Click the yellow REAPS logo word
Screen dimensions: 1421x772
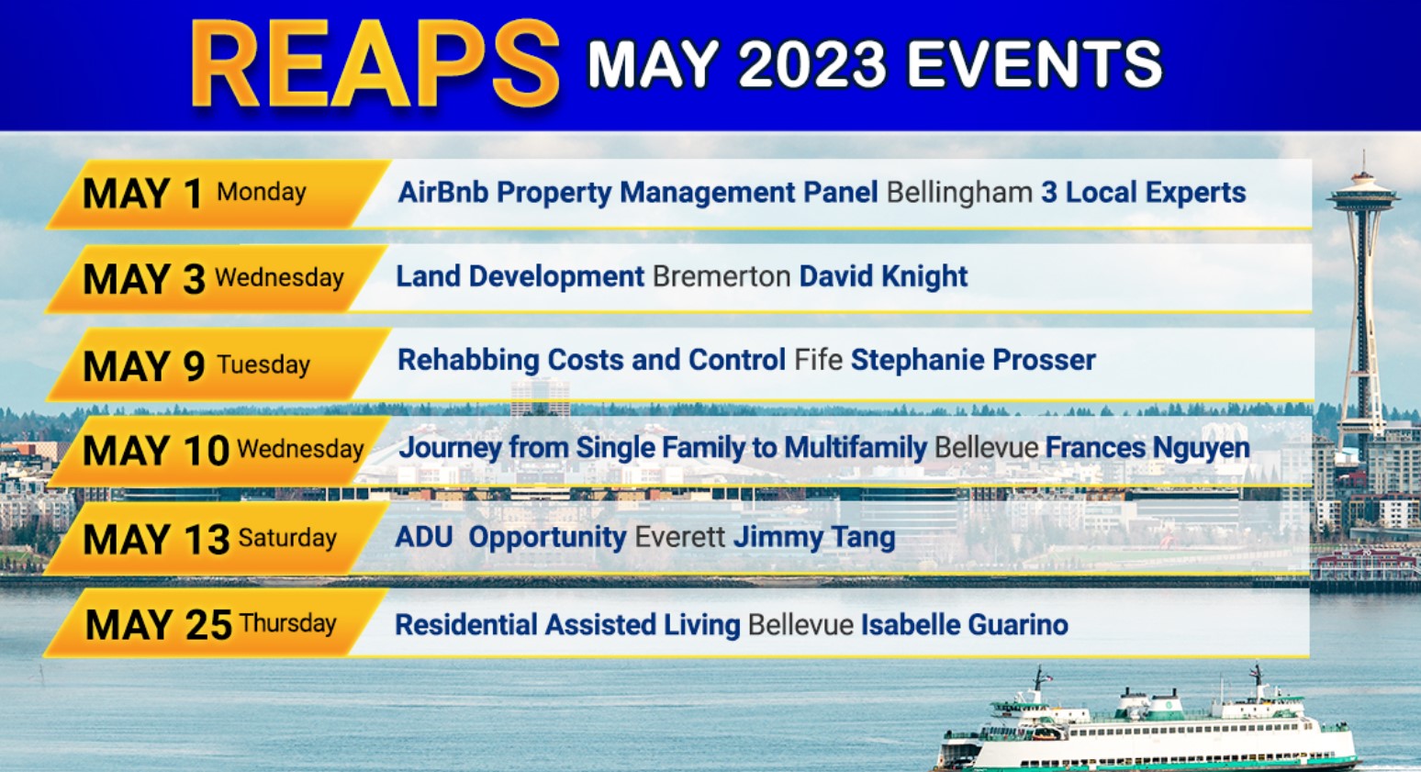(x=375, y=64)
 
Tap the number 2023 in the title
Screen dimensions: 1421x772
(x=812, y=64)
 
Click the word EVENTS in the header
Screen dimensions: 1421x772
(x=1035, y=64)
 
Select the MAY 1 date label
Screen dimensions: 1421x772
(x=142, y=194)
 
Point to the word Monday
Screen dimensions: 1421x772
(x=262, y=192)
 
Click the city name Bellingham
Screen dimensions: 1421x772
(x=959, y=193)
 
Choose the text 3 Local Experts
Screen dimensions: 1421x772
(x=1143, y=193)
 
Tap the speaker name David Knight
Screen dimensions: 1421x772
(x=883, y=276)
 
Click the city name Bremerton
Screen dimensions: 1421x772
(x=722, y=276)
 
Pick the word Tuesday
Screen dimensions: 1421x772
(x=263, y=364)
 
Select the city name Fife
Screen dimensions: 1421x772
(x=818, y=360)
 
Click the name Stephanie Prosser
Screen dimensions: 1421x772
(x=973, y=361)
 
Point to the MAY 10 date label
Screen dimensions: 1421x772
(x=156, y=451)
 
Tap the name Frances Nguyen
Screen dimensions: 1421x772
(x=1147, y=448)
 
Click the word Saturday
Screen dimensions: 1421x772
(x=287, y=538)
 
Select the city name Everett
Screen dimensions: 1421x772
(x=679, y=537)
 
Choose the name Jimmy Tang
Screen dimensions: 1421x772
(x=814, y=538)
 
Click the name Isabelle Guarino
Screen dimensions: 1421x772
(x=964, y=625)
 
